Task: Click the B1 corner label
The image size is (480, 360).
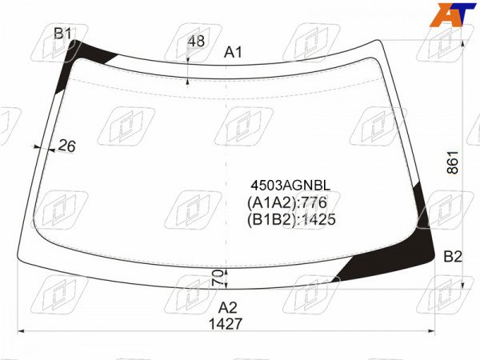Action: (x=62, y=33)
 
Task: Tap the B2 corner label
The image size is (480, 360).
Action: (x=453, y=257)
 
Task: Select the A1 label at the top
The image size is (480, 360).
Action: (x=233, y=52)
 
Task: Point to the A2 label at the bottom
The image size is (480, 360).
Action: (x=228, y=307)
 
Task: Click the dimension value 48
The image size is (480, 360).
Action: (x=196, y=42)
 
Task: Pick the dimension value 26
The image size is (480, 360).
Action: (x=66, y=146)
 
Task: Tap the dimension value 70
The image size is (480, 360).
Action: (x=218, y=278)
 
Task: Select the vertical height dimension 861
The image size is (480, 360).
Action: (x=453, y=162)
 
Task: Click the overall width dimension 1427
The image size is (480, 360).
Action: (x=226, y=324)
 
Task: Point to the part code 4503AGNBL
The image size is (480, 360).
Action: (x=291, y=186)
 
